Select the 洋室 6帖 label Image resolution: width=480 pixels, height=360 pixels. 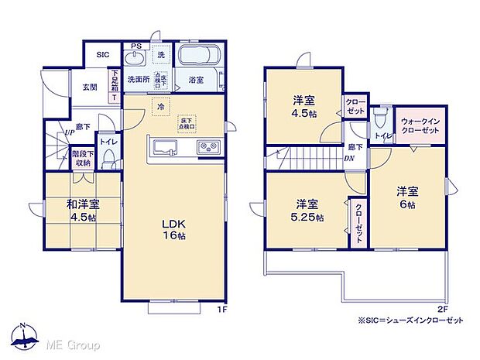click(408, 197)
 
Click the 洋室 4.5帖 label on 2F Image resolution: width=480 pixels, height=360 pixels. click(303, 107)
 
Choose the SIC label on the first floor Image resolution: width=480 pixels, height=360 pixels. click(102, 55)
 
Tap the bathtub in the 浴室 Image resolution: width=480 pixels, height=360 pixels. click(200, 57)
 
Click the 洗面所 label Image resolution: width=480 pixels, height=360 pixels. click(138, 79)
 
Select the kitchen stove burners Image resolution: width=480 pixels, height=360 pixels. click(208, 148)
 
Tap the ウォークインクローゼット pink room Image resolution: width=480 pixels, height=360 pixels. click(420, 127)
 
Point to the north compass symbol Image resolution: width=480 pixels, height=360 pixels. click(26, 338)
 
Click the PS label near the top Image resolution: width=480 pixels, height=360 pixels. click(136, 46)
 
